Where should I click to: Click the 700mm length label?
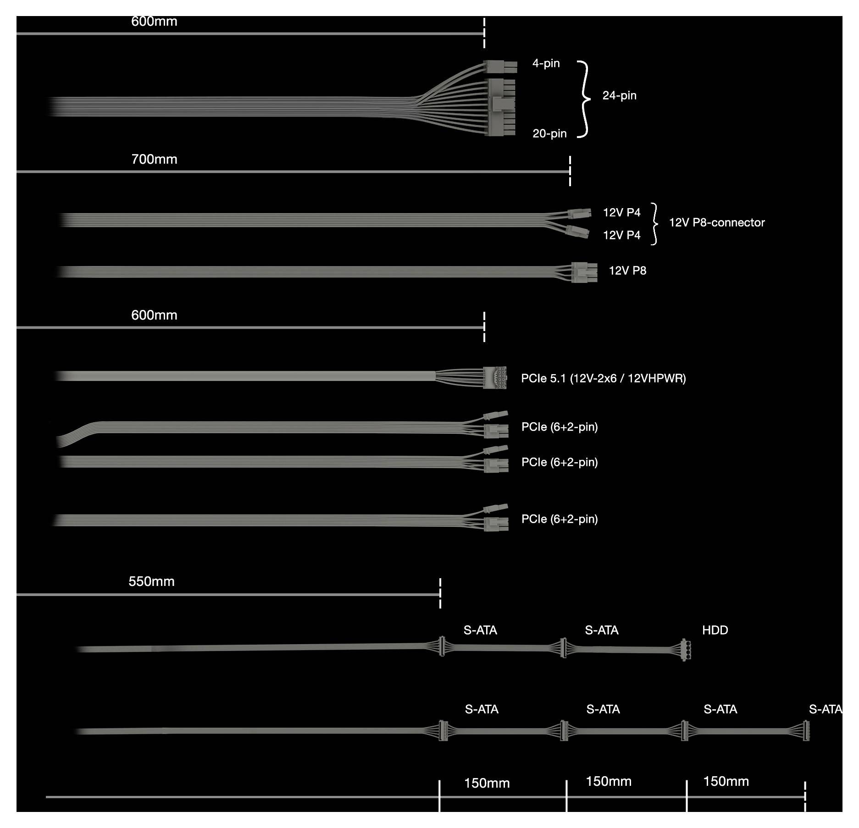[x=154, y=160]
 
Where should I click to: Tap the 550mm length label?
[x=151, y=582]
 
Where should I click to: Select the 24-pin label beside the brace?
[x=619, y=96]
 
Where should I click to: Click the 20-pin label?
[x=549, y=134]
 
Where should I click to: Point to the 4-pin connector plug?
[x=500, y=67]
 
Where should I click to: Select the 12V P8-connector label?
[x=717, y=223]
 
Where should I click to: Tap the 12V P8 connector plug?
[x=584, y=272]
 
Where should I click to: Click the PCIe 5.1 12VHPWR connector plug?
[x=495, y=378]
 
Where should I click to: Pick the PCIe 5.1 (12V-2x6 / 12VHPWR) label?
[x=604, y=379]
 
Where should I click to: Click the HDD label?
[x=715, y=630]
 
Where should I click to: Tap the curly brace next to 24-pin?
[x=584, y=99]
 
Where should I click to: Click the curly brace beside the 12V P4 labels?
[x=654, y=224]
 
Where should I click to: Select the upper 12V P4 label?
[x=621, y=213]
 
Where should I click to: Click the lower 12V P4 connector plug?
[x=578, y=232]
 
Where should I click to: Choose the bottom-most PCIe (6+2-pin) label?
[x=560, y=519]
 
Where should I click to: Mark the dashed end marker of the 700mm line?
[x=570, y=171]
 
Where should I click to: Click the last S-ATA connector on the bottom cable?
[x=806, y=731]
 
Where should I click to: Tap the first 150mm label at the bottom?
[x=487, y=784]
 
